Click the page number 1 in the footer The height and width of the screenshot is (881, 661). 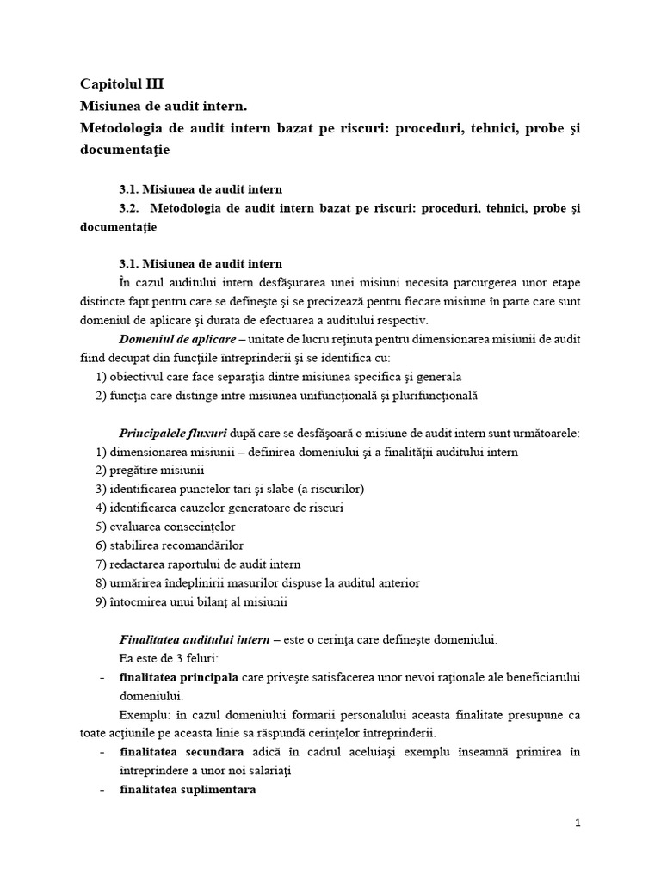(x=578, y=822)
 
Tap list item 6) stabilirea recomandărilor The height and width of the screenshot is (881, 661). (x=170, y=545)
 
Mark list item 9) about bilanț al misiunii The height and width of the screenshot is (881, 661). (x=190, y=602)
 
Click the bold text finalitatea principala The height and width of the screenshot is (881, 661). (x=179, y=677)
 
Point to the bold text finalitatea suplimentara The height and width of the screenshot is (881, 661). (x=188, y=790)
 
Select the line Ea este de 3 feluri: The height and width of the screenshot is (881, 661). (x=169, y=658)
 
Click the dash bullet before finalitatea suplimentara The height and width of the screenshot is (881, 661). (x=102, y=790)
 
